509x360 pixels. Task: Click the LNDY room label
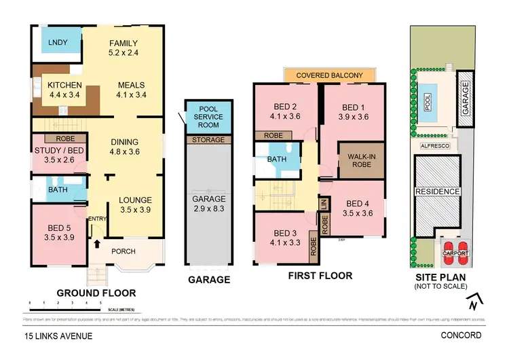tap(58, 43)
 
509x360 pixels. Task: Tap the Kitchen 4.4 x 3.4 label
tap(64, 90)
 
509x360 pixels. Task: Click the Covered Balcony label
tap(329, 75)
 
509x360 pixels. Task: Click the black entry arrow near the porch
tap(96, 242)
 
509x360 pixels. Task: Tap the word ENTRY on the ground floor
tap(96, 218)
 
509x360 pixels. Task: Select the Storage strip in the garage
tap(208, 139)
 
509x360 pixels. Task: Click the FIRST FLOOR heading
tap(320, 276)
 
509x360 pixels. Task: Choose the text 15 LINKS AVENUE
tap(58, 336)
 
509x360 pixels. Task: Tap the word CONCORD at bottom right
tap(461, 336)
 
